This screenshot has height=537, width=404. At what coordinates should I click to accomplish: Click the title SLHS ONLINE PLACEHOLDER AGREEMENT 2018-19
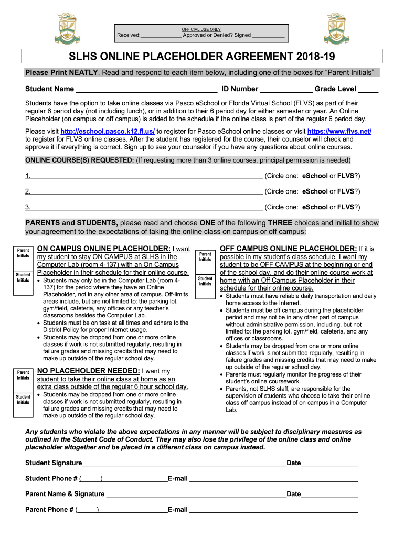[202, 57]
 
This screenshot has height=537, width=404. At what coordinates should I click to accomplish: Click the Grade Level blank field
[368, 89]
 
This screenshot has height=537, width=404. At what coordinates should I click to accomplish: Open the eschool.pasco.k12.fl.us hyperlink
[108, 132]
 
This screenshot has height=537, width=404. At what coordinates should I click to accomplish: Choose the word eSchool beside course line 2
[315, 191]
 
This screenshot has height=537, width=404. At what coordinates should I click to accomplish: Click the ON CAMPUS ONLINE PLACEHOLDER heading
[103, 249]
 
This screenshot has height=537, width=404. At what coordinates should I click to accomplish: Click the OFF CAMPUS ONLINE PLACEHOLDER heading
[288, 249]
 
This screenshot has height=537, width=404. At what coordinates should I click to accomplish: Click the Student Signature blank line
[184, 463]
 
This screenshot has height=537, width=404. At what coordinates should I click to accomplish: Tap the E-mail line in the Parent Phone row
[273, 509]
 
